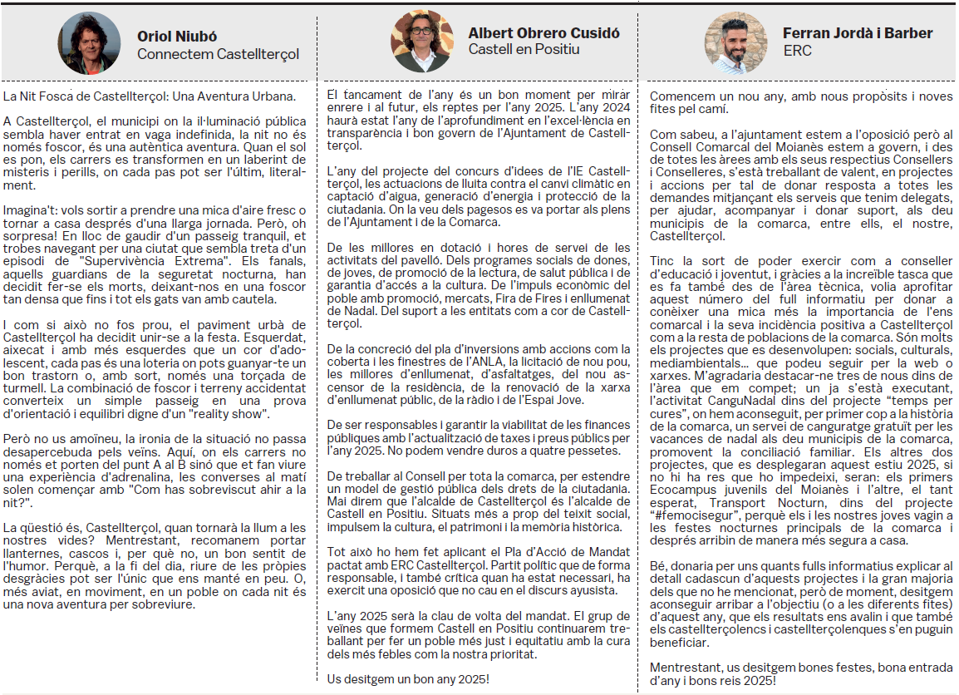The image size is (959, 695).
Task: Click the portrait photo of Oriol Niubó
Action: point(89,42)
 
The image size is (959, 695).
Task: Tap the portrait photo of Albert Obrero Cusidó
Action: point(422,42)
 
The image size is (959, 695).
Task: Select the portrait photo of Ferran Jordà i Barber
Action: point(735,42)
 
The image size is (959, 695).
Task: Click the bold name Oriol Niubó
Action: point(177,37)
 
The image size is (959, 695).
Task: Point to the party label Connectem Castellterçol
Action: point(218,55)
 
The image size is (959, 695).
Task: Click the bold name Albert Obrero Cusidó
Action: point(544,33)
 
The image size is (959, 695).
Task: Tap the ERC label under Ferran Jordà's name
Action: point(797,51)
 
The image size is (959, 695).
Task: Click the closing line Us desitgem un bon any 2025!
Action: point(408,678)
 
